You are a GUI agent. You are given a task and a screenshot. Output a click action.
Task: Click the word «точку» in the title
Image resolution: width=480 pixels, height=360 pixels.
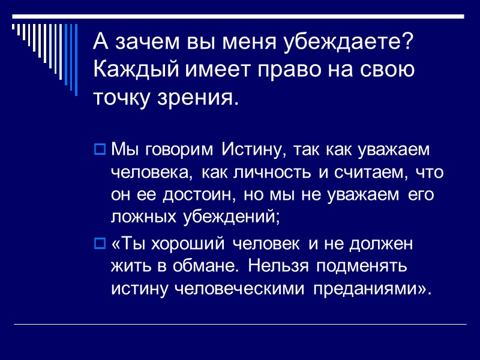pos(118,97)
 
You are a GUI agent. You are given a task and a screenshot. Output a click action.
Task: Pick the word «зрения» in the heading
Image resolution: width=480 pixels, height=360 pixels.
pos(190,97)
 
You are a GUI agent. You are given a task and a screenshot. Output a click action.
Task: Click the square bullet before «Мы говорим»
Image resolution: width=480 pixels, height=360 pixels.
pos(100,148)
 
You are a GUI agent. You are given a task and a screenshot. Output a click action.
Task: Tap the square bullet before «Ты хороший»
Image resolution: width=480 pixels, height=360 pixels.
pos(100,244)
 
